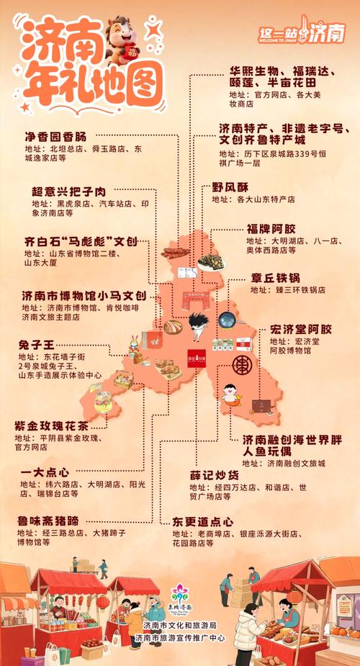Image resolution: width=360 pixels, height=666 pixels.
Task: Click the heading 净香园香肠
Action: [x=55, y=137]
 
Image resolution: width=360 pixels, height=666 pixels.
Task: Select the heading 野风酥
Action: [x=230, y=186]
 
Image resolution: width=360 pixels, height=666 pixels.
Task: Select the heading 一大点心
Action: [x=45, y=472]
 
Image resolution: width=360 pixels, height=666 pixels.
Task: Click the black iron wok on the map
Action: [x=228, y=319]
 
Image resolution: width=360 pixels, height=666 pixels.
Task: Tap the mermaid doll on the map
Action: [x=230, y=393]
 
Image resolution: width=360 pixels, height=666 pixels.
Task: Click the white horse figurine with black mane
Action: [x=197, y=326]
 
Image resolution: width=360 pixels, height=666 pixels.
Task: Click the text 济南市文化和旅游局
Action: [x=179, y=624]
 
